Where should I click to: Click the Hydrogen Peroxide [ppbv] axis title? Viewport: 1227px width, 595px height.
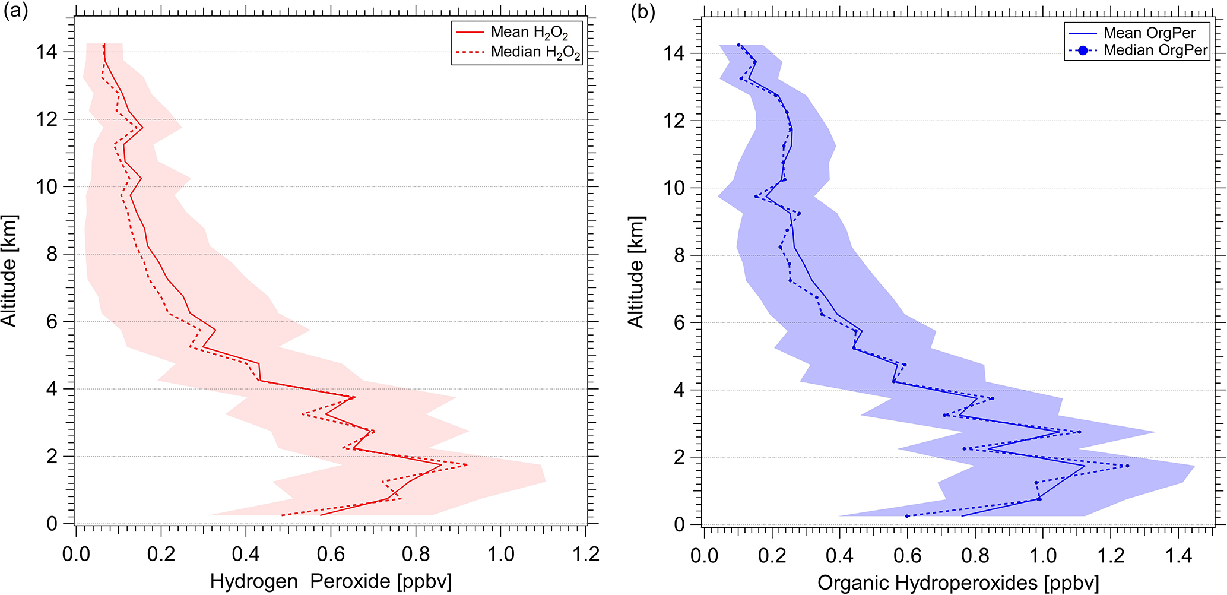(x=331, y=581)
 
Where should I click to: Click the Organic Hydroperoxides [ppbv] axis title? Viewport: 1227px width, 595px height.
(x=958, y=583)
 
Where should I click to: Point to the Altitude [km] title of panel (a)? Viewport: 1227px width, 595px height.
(x=9, y=271)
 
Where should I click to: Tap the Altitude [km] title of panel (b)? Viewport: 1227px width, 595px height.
(x=636, y=272)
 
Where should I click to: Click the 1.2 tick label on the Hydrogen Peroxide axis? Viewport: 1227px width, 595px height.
(x=586, y=555)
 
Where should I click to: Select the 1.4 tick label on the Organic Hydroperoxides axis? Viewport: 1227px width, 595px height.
(x=1178, y=556)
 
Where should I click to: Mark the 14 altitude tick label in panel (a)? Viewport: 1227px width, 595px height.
(x=47, y=52)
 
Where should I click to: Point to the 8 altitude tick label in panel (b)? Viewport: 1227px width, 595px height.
(x=679, y=255)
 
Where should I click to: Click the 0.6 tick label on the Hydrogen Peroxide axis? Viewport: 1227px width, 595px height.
(x=331, y=555)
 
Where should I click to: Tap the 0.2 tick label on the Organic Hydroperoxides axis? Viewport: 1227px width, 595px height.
(x=772, y=556)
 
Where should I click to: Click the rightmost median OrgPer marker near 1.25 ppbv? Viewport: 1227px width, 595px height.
(x=1127, y=466)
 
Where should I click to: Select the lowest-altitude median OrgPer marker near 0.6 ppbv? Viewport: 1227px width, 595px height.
(x=907, y=516)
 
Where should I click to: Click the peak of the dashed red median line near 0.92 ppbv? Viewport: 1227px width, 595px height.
(x=467, y=465)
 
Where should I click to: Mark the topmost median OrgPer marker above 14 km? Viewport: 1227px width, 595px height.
(x=738, y=45)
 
